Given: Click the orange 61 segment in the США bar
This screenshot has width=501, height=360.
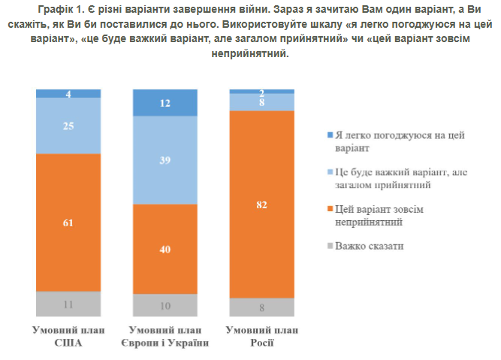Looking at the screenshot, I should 68,222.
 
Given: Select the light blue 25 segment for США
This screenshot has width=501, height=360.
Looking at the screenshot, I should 68,126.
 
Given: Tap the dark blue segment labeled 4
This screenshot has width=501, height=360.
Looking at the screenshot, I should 68,94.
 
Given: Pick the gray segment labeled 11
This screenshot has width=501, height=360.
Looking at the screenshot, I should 68,304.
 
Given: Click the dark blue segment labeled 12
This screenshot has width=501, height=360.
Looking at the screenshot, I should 164,103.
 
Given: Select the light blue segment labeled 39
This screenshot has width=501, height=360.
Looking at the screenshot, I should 164,160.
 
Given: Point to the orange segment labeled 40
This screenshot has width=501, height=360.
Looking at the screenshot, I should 164,249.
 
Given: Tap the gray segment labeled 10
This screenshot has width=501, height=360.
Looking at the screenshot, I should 164,305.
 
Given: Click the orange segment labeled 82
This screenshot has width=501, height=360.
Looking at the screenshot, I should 261,204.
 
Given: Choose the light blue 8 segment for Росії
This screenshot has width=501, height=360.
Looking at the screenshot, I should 261,101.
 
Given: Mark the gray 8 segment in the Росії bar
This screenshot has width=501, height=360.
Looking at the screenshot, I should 261,307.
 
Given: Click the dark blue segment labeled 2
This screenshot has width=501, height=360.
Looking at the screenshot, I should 261,91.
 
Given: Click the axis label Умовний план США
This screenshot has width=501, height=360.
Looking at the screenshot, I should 68,336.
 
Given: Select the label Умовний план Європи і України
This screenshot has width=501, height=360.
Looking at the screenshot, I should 164,336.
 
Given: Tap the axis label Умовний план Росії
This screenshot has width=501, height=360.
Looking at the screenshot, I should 261,336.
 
